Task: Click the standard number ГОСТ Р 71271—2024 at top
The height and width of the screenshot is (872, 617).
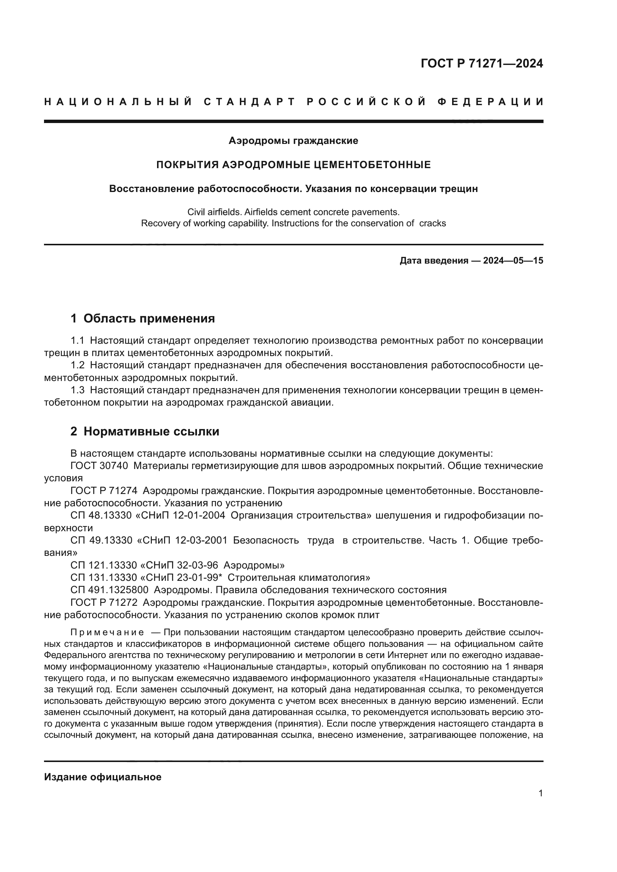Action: point(482,63)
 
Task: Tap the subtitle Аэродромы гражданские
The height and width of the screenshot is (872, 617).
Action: point(293,141)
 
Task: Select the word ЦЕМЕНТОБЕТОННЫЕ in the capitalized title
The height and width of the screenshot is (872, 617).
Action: point(373,165)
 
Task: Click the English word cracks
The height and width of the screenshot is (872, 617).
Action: point(432,223)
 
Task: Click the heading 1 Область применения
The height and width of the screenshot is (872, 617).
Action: point(143,318)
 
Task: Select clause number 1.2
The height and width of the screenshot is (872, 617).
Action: point(78,365)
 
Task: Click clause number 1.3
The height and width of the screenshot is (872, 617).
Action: point(78,390)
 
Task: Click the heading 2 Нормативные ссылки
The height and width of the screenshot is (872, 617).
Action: point(145,431)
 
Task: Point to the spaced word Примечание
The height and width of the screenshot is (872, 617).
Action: point(107,632)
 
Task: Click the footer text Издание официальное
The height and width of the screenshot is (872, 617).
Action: point(103,777)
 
